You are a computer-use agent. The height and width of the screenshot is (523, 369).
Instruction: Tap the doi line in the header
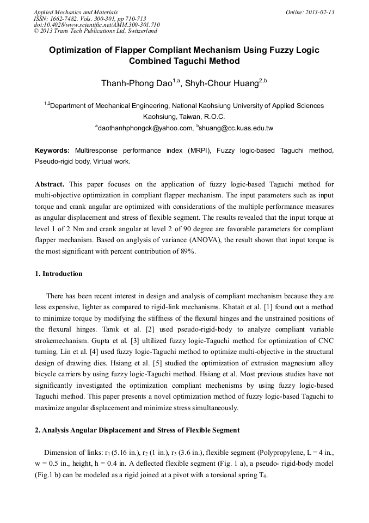tap(97, 25)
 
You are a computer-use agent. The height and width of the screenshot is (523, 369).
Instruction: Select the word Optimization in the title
tap(77, 50)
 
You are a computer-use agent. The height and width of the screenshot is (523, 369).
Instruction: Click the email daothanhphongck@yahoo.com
tap(145, 128)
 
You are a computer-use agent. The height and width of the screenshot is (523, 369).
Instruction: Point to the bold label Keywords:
tap(52, 151)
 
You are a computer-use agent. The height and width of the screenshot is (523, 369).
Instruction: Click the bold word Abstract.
tap(50, 184)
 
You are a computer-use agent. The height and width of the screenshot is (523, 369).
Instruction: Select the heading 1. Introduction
tap(58, 274)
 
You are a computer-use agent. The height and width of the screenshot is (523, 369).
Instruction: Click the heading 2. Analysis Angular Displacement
tap(137, 430)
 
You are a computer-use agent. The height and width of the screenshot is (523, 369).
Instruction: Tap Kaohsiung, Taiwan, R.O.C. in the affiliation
tap(184, 117)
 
